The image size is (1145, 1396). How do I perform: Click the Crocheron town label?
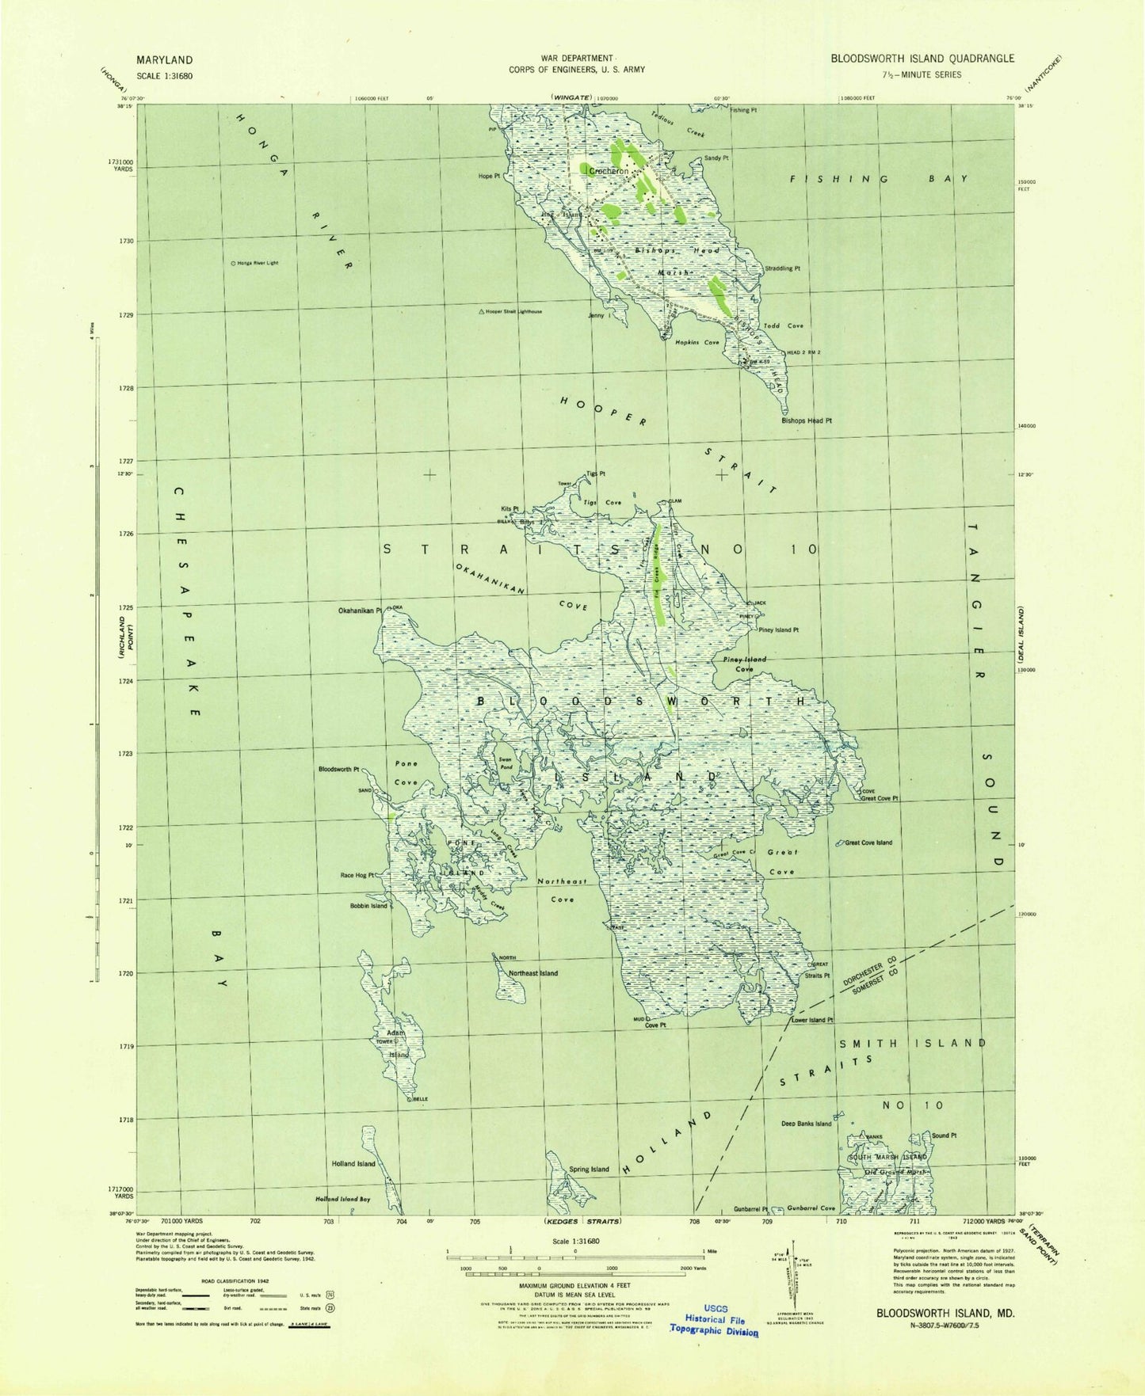pos(609,171)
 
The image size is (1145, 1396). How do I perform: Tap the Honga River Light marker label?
pos(255,263)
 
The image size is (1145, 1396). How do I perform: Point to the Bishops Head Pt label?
pos(807,421)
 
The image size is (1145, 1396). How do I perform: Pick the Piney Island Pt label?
pos(778,630)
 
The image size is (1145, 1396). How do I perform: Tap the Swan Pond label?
pos(505,763)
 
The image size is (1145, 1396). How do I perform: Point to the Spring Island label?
pos(589,1170)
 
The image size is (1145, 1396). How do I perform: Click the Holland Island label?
pos(353,1164)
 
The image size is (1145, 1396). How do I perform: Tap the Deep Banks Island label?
pos(806,1124)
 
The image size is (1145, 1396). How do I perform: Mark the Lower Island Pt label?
pos(812,1020)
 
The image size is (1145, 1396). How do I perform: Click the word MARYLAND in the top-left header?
pos(164,60)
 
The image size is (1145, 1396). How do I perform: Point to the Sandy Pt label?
pos(716,158)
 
